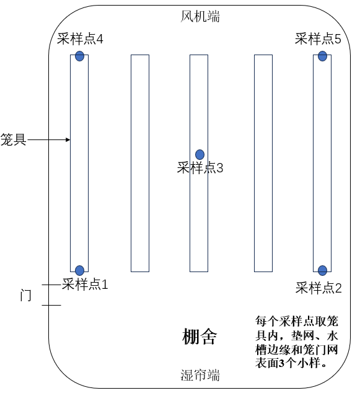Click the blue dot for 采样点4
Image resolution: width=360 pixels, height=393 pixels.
[79, 56]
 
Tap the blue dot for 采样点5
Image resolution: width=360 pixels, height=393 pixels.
[322, 56]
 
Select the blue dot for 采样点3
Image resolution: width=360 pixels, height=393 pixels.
[200, 154]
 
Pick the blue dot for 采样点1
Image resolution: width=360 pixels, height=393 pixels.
[79, 270]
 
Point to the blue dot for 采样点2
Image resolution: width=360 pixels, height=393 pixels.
[322, 270]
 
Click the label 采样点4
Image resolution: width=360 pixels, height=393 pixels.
[80, 39]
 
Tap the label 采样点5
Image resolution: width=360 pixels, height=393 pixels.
[318, 39]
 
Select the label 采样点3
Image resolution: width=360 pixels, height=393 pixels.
[200, 168]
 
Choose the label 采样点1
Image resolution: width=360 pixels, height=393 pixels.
[85, 285]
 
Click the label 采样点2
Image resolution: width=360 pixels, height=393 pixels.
[318, 288]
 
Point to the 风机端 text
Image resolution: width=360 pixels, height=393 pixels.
[200, 17]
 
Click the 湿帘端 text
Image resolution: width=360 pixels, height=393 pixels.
[200, 375]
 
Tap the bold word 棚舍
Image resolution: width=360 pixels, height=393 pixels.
[200, 337]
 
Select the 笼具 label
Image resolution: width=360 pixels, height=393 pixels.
[13, 139]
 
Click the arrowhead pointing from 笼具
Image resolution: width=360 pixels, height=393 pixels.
[68, 139]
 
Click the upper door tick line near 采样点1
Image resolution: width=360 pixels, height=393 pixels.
[51, 285]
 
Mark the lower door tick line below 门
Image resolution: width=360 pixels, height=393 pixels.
[51, 305]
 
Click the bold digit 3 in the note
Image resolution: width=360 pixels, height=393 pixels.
[281, 363]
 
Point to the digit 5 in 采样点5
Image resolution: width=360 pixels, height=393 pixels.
[338, 39]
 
